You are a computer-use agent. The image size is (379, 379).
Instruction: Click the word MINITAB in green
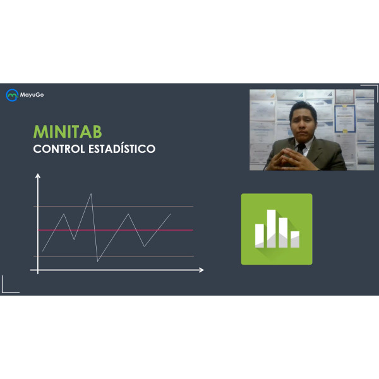click(68, 132)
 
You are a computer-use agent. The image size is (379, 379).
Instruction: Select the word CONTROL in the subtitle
click(59, 149)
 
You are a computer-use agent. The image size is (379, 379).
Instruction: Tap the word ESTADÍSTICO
click(122, 148)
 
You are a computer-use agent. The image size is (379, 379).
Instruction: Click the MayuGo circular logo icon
click(12, 95)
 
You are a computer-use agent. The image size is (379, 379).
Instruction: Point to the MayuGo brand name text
click(32, 95)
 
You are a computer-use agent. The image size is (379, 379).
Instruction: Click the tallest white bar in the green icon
click(271, 229)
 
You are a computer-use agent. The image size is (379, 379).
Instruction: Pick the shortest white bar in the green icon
click(295, 239)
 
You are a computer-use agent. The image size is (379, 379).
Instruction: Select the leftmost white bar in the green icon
click(260, 236)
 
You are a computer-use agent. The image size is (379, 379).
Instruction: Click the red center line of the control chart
click(116, 230)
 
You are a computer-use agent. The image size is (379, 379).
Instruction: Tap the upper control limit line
click(113, 207)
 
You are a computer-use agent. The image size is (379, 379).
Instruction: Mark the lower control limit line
click(114, 256)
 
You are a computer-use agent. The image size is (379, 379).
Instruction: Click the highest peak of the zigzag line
click(91, 194)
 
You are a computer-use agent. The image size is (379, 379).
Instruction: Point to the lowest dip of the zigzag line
click(97, 262)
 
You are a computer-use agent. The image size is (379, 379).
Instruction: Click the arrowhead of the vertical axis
click(38, 176)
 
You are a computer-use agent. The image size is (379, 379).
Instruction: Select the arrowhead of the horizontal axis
click(202, 270)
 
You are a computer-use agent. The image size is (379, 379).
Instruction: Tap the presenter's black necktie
click(301, 148)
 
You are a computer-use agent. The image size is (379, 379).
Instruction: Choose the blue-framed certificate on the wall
click(345, 119)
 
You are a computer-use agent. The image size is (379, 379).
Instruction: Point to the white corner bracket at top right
click(376, 85)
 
